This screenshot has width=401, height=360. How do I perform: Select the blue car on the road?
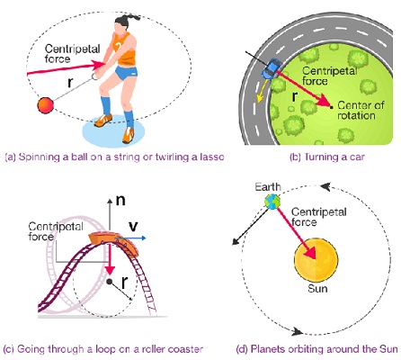271,69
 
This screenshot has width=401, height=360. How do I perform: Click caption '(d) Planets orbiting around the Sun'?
316,348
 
